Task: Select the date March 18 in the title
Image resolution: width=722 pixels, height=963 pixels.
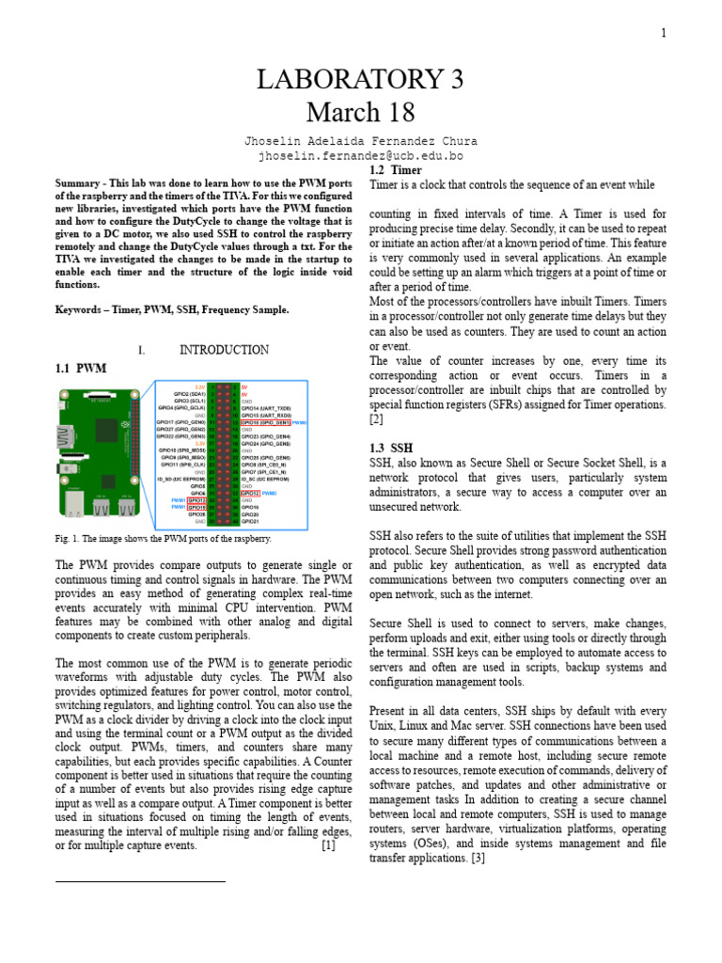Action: (360, 113)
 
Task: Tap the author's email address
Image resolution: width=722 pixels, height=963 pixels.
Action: (361, 156)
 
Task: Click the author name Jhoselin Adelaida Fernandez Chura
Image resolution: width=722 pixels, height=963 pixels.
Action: (361, 141)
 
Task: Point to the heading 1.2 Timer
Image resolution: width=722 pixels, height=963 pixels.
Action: (396, 170)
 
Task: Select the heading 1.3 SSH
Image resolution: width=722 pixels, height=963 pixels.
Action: (391, 448)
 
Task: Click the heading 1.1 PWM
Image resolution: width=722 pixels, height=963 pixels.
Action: (82, 369)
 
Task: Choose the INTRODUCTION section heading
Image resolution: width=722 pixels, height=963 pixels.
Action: (224, 350)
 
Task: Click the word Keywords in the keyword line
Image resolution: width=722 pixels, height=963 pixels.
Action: (78, 309)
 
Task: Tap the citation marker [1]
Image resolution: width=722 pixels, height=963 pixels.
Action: (328, 845)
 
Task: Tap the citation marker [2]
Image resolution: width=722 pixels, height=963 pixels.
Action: (376, 418)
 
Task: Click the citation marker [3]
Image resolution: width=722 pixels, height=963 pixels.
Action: (478, 858)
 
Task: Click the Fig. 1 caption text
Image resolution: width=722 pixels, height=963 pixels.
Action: (164, 539)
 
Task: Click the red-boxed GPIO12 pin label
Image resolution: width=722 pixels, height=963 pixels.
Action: (249, 493)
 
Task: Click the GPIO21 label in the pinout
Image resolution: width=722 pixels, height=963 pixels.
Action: (250, 522)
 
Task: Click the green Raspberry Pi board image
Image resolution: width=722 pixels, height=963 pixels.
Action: (94, 448)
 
